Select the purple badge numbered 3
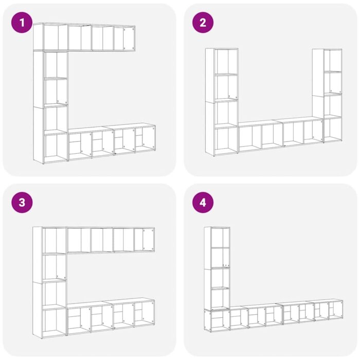pyautogui.click(x=21, y=202)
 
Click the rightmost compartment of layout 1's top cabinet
pyautogui.click(x=124, y=38)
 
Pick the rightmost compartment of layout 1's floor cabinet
pyautogui.click(x=145, y=138)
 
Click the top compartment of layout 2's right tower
pyautogui.click(x=332, y=61)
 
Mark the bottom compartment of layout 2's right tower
pyautogui.click(x=332, y=130)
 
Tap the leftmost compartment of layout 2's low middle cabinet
pyautogui.click(x=249, y=137)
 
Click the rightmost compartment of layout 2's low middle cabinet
pyautogui.click(x=313, y=131)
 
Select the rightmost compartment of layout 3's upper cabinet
pyautogui.click(x=144, y=240)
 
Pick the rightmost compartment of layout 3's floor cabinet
pyautogui.click(x=144, y=313)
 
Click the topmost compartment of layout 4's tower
pyautogui.click(x=220, y=238)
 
